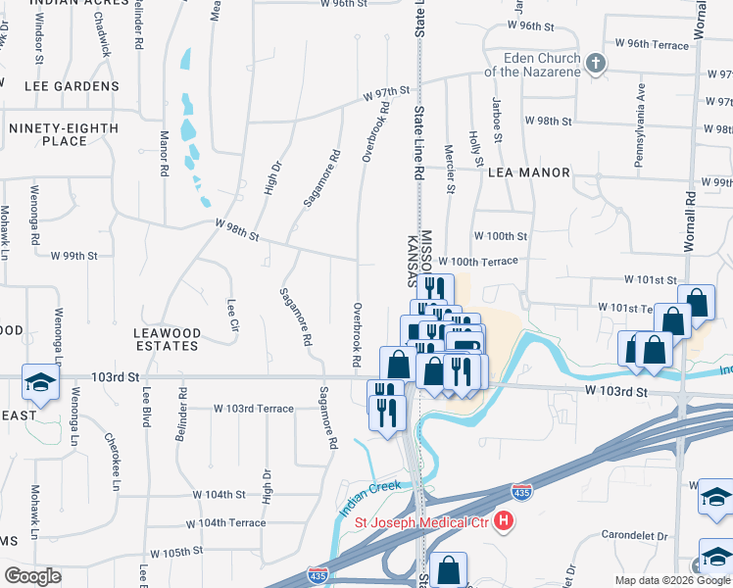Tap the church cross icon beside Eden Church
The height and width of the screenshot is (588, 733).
pyautogui.click(x=594, y=66)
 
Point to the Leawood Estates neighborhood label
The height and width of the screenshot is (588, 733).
pyautogui.click(x=167, y=340)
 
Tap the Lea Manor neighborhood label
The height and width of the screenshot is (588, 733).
pyautogui.click(x=528, y=172)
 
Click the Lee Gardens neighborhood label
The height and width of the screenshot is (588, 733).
pyautogui.click(x=64, y=86)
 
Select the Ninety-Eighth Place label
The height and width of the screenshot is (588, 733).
pyautogui.click(x=64, y=134)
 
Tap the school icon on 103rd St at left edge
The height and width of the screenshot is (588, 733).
pyautogui.click(x=39, y=384)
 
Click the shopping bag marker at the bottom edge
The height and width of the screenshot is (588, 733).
pyautogui.click(x=448, y=568)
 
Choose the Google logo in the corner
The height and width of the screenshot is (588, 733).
pyautogui.click(x=32, y=576)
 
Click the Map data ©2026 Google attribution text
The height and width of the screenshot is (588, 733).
pyautogui.click(x=671, y=580)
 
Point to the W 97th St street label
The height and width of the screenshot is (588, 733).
pyautogui.click(x=385, y=93)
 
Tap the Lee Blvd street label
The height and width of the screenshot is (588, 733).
pyautogui.click(x=146, y=407)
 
